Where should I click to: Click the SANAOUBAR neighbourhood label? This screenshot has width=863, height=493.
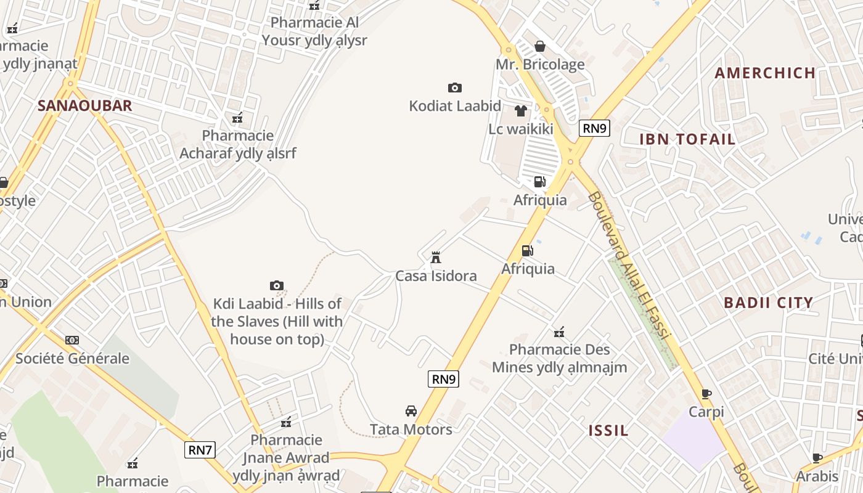(84, 105)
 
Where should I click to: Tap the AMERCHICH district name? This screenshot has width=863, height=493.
(765, 73)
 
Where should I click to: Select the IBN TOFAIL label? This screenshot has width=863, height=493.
(687, 139)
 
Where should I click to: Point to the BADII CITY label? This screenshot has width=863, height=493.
(768, 303)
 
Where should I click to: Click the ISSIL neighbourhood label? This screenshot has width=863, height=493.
(608, 430)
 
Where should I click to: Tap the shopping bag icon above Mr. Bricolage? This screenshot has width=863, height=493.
(540, 46)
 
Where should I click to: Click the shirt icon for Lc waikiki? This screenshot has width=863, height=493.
(521, 111)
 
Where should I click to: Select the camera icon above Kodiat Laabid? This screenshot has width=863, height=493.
(455, 88)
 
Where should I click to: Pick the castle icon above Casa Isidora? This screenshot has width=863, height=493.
(436, 257)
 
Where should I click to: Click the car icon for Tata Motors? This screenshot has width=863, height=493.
(411, 411)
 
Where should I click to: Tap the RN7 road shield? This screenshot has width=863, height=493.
(200, 450)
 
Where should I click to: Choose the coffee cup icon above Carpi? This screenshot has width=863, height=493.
(706, 394)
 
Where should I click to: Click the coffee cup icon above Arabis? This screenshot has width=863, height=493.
(817, 458)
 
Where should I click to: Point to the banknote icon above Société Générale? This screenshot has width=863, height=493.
(72, 340)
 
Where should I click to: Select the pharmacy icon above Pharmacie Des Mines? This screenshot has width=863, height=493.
(559, 332)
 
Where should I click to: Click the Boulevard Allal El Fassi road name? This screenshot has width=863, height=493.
(629, 265)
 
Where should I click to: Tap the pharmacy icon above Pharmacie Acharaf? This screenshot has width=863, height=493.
(237, 118)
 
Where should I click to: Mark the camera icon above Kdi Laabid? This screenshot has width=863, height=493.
(277, 285)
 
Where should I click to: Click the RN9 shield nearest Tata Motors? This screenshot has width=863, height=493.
(443, 379)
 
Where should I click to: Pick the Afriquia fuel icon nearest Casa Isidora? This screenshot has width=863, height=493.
(527, 251)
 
